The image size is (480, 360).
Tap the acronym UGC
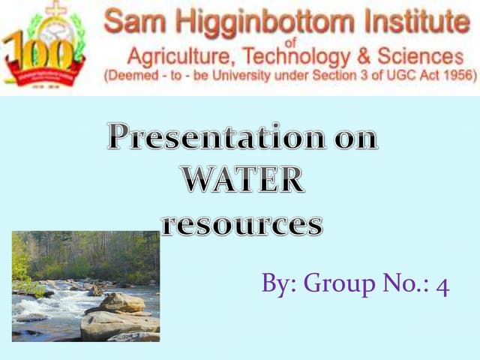[x=383, y=76]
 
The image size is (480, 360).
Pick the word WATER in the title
[x=243, y=181]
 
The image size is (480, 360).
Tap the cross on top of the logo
[x=55, y=9]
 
